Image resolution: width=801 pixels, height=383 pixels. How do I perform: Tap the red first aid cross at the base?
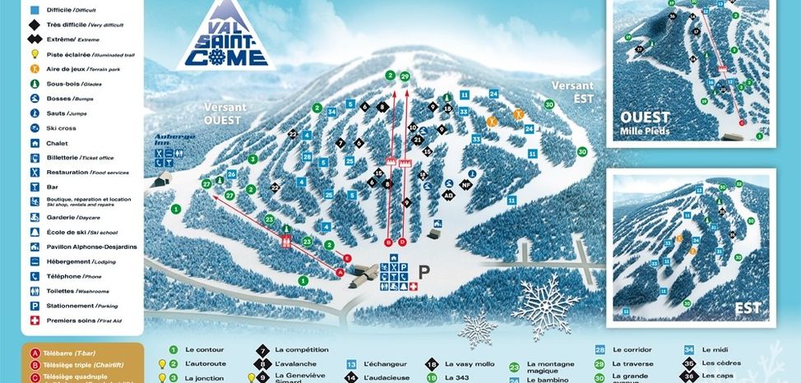413,286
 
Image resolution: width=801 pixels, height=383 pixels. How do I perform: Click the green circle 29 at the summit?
405,76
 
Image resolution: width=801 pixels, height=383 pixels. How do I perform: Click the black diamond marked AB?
449,196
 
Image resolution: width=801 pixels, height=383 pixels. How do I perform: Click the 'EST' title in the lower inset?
748,308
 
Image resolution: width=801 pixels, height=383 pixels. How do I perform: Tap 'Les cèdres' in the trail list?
720,363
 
